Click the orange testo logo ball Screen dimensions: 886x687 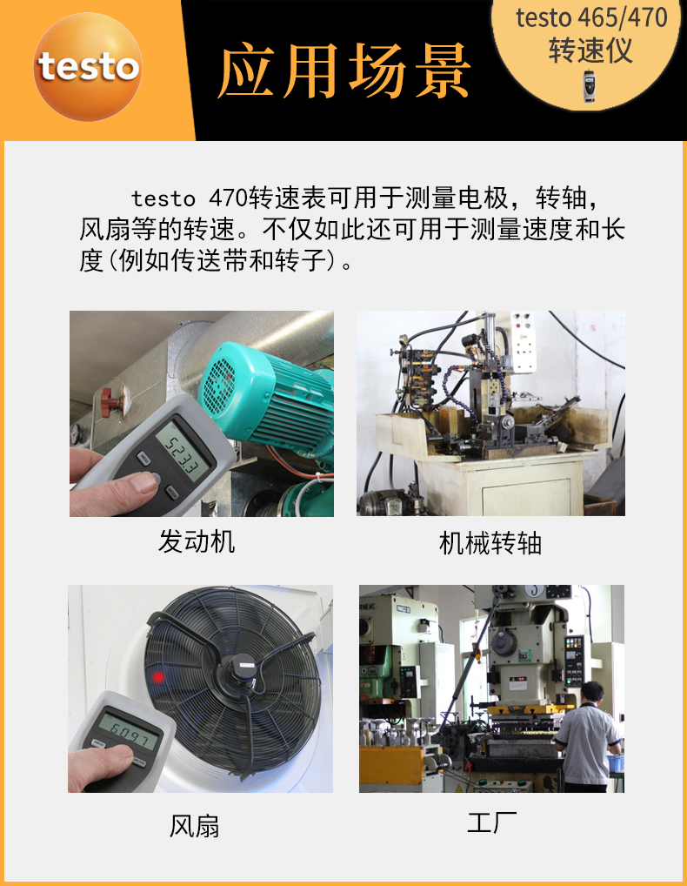(x=88, y=67)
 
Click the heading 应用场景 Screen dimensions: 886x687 (x=344, y=70)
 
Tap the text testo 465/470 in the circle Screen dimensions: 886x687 (x=590, y=18)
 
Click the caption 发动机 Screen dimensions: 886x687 (x=197, y=542)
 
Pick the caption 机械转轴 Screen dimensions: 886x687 (x=490, y=544)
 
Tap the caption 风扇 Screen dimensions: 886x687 (x=194, y=825)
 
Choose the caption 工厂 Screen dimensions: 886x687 (x=491, y=822)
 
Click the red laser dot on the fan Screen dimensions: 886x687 (x=158, y=676)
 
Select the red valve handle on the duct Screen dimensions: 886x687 (x=108, y=401)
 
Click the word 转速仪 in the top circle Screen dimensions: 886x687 (x=590, y=50)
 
